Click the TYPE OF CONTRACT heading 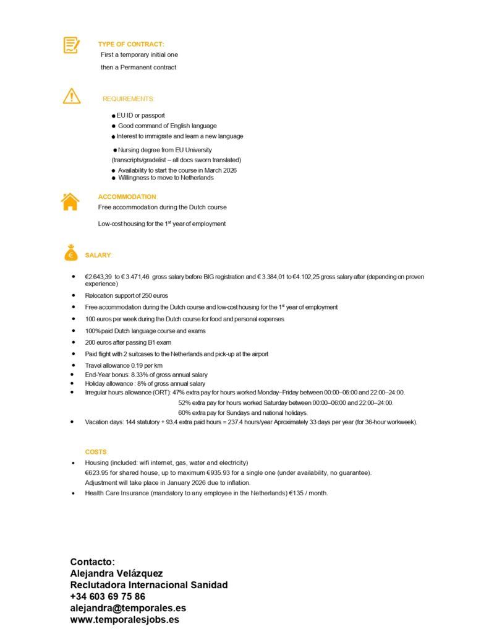(x=131, y=44)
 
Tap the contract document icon (x=72, y=45)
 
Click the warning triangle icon (x=72, y=97)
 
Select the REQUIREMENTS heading (x=128, y=99)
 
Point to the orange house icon (x=70, y=202)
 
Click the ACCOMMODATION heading (x=127, y=197)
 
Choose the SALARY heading (x=98, y=255)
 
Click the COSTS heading (x=96, y=452)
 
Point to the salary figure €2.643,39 (x=99, y=277)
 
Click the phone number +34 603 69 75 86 (x=108, y=596)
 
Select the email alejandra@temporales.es (x=128, y=608)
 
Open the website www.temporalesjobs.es (x=125, y=619)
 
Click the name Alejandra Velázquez (x=116, y=573)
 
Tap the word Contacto (x=92, y=562)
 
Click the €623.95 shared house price (x=99, y=472)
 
